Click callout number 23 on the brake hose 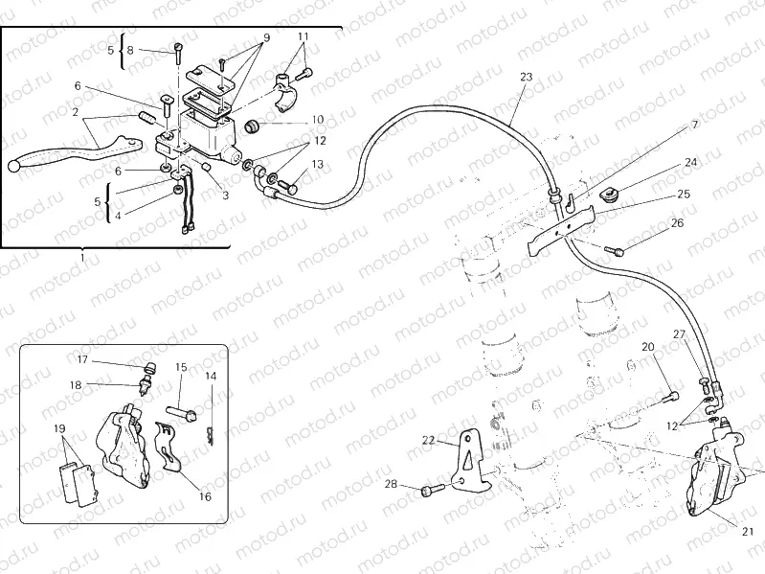pos(526,76)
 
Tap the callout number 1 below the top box pos(83,258)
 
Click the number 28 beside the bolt pos(392,484)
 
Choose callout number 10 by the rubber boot pos(317,120)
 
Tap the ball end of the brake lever pos(14,168)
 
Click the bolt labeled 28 pos(430,490)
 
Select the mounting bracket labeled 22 pos(469,460)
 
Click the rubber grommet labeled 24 pos(605,196)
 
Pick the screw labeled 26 pos(618,251)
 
